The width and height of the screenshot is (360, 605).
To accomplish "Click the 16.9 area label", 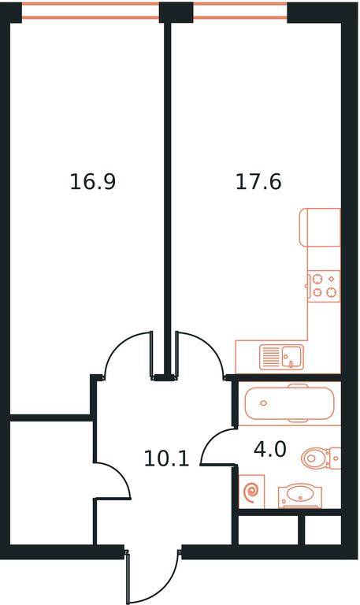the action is pos(93,182).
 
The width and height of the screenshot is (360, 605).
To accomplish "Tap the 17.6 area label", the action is pos(258,182).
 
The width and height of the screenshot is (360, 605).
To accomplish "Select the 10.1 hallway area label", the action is pos(167,458).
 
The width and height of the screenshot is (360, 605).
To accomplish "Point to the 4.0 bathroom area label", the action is pos(270,450).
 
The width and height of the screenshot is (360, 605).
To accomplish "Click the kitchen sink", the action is pos(282,357).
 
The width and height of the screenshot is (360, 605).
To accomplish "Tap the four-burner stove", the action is pos(324,286).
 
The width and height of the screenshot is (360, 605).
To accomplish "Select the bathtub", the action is pos(289,403).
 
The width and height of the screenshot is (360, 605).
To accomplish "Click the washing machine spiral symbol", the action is pos(251,492).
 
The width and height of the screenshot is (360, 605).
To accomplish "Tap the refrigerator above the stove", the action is pos(321,227).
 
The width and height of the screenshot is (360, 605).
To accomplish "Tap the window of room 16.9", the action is pos(91,10).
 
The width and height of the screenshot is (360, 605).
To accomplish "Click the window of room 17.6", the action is pos(239,10).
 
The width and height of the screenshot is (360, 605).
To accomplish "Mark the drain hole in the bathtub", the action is pos(264,403).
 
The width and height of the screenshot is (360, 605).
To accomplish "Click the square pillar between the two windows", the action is pos(176,12).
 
